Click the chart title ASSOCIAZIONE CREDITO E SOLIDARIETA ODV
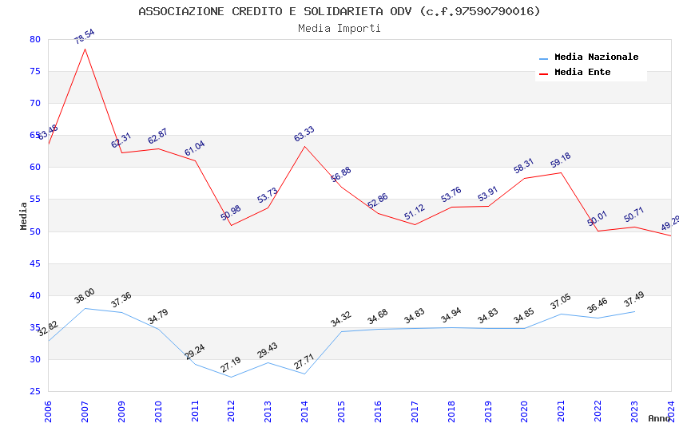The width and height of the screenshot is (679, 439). click(339, 11)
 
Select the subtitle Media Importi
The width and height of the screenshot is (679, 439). click(339, 28)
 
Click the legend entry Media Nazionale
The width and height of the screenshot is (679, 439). click(596, 57)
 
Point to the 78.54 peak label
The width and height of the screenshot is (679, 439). click(84, 37)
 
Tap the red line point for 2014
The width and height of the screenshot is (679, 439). click(304, 146)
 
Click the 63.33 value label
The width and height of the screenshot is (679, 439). click(304, 134)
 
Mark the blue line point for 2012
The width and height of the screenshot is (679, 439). click(232, 377)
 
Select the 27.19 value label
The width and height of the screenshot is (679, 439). click(231, 366)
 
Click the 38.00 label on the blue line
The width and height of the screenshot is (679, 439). click(84, 297)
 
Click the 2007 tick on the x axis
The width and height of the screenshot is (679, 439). click(85, 409)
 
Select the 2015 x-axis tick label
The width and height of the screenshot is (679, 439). click(341, 409)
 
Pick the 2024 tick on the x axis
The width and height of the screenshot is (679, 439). click(671, 409)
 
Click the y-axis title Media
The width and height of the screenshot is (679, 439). click(24, 216)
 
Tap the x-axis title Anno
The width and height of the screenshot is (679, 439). click(659, 418)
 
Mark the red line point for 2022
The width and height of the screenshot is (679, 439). click(598, 231)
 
